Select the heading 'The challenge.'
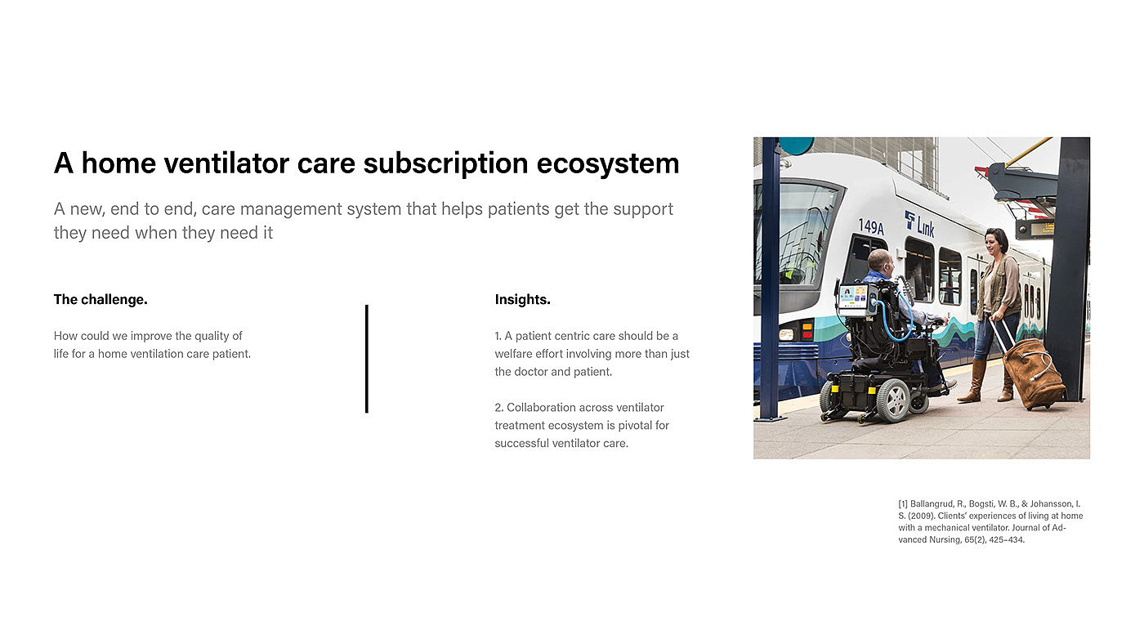(101, 300)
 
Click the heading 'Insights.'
(522, 299)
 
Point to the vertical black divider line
(367, 359)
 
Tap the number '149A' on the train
(871, 226)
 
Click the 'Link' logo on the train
(919, 225)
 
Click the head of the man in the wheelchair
(882, 262)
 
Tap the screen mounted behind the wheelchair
(855, 299)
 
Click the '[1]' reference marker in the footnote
(903, 504)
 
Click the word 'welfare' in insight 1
(513, 354)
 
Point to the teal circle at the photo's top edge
(796, 145)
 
